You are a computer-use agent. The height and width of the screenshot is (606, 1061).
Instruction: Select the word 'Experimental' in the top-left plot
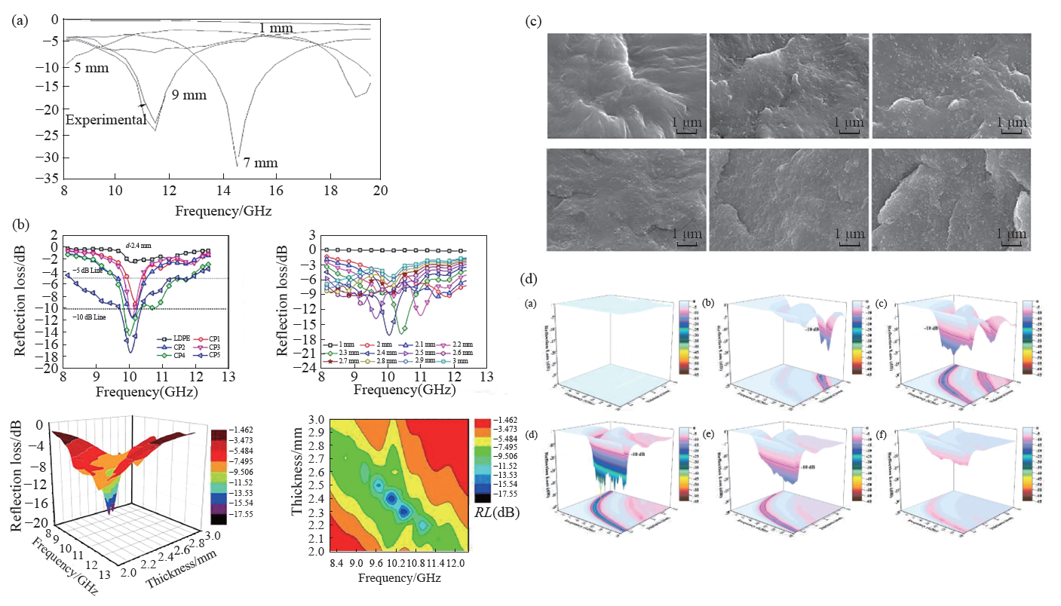106,121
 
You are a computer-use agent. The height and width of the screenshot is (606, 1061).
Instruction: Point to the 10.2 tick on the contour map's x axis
390,564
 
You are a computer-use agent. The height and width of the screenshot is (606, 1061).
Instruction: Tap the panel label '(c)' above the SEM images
533,22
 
